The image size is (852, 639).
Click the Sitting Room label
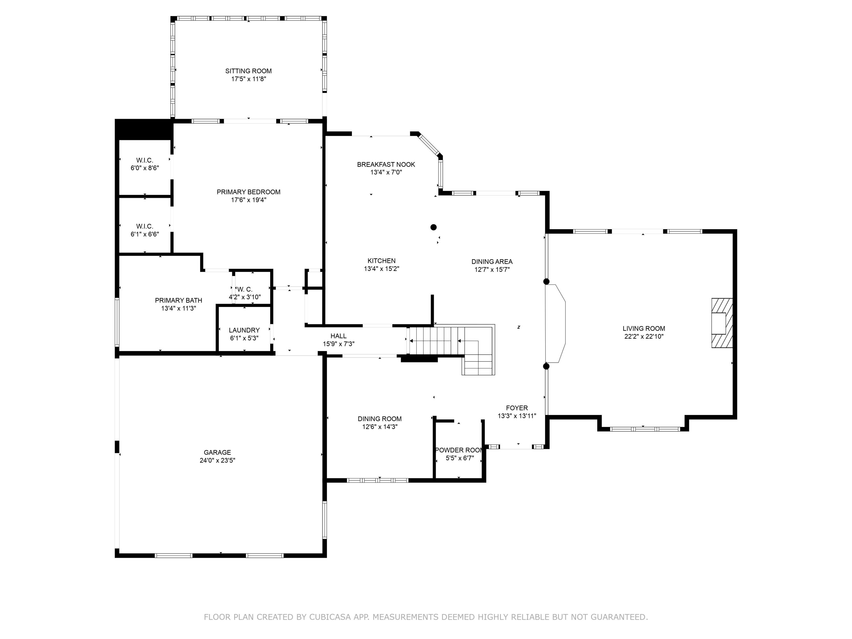coord(248,71)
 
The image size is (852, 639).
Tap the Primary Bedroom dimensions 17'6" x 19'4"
coord(248,200)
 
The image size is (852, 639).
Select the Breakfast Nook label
coord(386,164)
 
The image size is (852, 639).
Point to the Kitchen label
coord(381,261)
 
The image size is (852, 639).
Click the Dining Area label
coord(492,262)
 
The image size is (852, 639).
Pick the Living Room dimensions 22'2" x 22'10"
coord(644,336)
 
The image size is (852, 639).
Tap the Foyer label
coord(517,408)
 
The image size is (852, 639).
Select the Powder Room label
coord(459,450)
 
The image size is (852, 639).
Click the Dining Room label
coord(379,419)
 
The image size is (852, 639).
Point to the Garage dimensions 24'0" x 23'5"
coord(217,460)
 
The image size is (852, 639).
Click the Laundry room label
coord(244,330)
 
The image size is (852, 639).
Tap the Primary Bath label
coord(178,300)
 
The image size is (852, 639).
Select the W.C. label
coord(245,289)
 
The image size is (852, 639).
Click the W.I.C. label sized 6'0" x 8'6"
coord(145,160)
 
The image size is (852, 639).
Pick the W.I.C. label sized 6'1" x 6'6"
coord(145,226)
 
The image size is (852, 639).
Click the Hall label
coord(338,336)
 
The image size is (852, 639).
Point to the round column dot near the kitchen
coord(433,227)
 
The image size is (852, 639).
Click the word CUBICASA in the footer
coord(330,617)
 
